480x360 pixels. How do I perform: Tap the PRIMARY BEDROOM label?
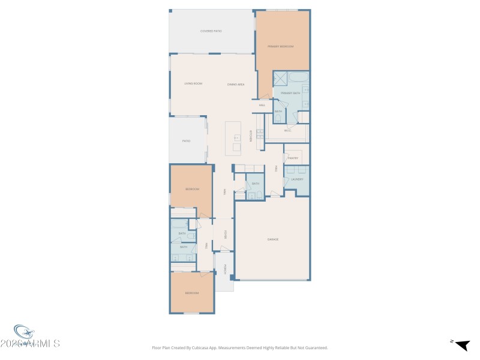[x=281, y=46]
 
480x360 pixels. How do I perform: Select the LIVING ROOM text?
[x=193, y=84]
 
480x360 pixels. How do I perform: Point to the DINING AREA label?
[x=235, y=84]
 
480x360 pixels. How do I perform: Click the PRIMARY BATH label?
[x=290, y=93]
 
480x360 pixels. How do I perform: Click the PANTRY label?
[x=293, y=158]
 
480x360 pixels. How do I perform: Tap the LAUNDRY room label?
[x=297, y=179]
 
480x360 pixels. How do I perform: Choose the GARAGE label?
[x=273, y=239]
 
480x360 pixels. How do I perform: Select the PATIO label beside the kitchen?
[x=186, y=141]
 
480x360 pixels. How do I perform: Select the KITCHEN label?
[x=251, y=137]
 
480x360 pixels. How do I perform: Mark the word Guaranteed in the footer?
[x=315, y=347]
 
